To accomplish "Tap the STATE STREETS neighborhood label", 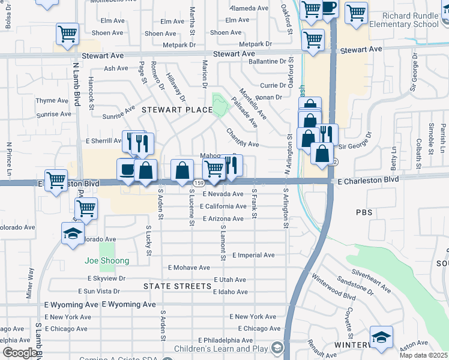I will coord(177,286).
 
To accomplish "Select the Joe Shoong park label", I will coord(107,261).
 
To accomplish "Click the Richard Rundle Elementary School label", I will coord(404,20).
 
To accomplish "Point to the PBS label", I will coord(364,212).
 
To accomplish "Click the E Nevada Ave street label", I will coord(223,194).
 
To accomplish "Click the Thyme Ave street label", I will coord(53,100).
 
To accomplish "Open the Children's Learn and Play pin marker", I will coord(277,348).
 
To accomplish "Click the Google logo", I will coord(20,353).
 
